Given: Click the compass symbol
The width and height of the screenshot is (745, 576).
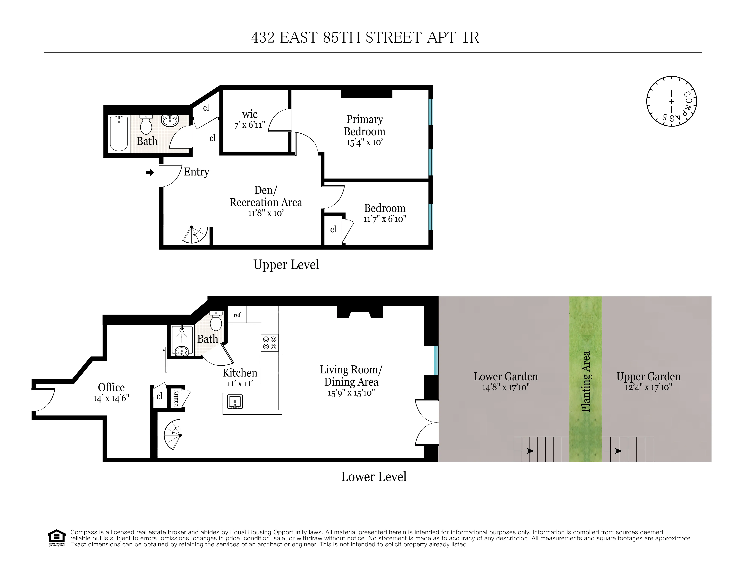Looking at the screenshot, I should tap(671, 101).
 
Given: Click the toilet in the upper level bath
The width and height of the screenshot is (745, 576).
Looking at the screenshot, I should tap(146, 125).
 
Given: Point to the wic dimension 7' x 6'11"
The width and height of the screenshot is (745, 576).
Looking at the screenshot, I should tap(250, 125).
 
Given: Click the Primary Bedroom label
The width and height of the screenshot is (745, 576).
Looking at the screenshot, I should tap(364, 125).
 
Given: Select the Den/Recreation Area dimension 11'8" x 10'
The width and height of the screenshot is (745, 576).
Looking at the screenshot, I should tap(266, 213).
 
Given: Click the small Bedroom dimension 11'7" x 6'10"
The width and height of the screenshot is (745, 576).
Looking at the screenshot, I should tap(385, 219).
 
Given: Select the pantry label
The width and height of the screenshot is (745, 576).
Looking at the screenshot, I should tap(176, 398).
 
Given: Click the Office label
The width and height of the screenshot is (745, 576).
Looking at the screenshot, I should tap(111, 387).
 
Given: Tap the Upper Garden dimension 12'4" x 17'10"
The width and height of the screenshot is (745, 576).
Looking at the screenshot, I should tap(648, 387).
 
